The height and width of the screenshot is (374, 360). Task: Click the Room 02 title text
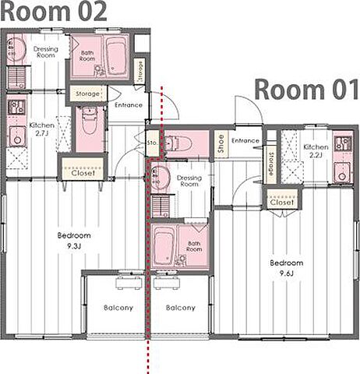tap(54, 11)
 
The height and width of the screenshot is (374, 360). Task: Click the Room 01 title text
tap(307, 90)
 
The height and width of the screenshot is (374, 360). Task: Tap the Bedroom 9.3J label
tap(74, 241)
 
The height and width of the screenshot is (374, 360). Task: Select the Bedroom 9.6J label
tap(287, 268)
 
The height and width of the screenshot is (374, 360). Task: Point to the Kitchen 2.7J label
tap(42, 129)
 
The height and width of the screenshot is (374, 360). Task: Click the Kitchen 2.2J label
tap(316, 151)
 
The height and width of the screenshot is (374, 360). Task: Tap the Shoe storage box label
tap(221, 143)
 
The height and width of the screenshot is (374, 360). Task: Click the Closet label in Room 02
tap(83, 173)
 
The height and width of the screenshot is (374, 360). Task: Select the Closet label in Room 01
tap(282, 202)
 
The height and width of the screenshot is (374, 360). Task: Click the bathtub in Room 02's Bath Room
tap(116, 57)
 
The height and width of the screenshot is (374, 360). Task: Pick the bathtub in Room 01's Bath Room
tap(164, 245)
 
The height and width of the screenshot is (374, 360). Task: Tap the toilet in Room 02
tap(90, 120)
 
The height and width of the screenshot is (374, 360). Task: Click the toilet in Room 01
tap(178, 143)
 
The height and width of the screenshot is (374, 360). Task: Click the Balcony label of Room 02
tap(118, 308)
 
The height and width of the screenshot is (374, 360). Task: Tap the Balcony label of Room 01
tap(181, 308)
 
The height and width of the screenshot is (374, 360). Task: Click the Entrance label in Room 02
tap(129, 105)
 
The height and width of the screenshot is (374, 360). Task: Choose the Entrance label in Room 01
tap(245, 141)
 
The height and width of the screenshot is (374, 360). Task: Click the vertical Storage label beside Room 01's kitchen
tap(271, 164)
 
